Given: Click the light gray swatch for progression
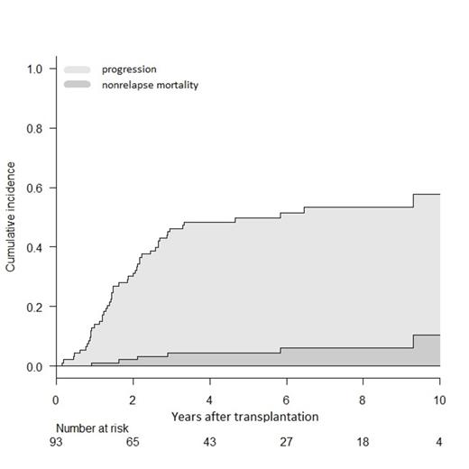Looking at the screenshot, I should click(77, 69).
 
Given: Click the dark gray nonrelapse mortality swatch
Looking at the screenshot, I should click(77, 85).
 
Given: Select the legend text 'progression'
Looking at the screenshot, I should click(129, 69).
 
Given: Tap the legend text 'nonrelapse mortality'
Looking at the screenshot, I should click(150, 85).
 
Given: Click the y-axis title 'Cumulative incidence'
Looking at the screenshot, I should click(12, 217).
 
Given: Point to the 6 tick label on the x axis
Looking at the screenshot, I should click(286, 400).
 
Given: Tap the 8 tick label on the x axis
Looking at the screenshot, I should click(363, 400).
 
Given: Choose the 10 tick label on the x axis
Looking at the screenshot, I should click(438, 400).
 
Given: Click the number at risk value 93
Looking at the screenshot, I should click(56, 444).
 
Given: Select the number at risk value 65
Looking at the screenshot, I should click(133, 444).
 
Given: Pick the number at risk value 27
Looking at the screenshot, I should click(286, 444).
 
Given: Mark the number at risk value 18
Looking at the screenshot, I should click(363, 444).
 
